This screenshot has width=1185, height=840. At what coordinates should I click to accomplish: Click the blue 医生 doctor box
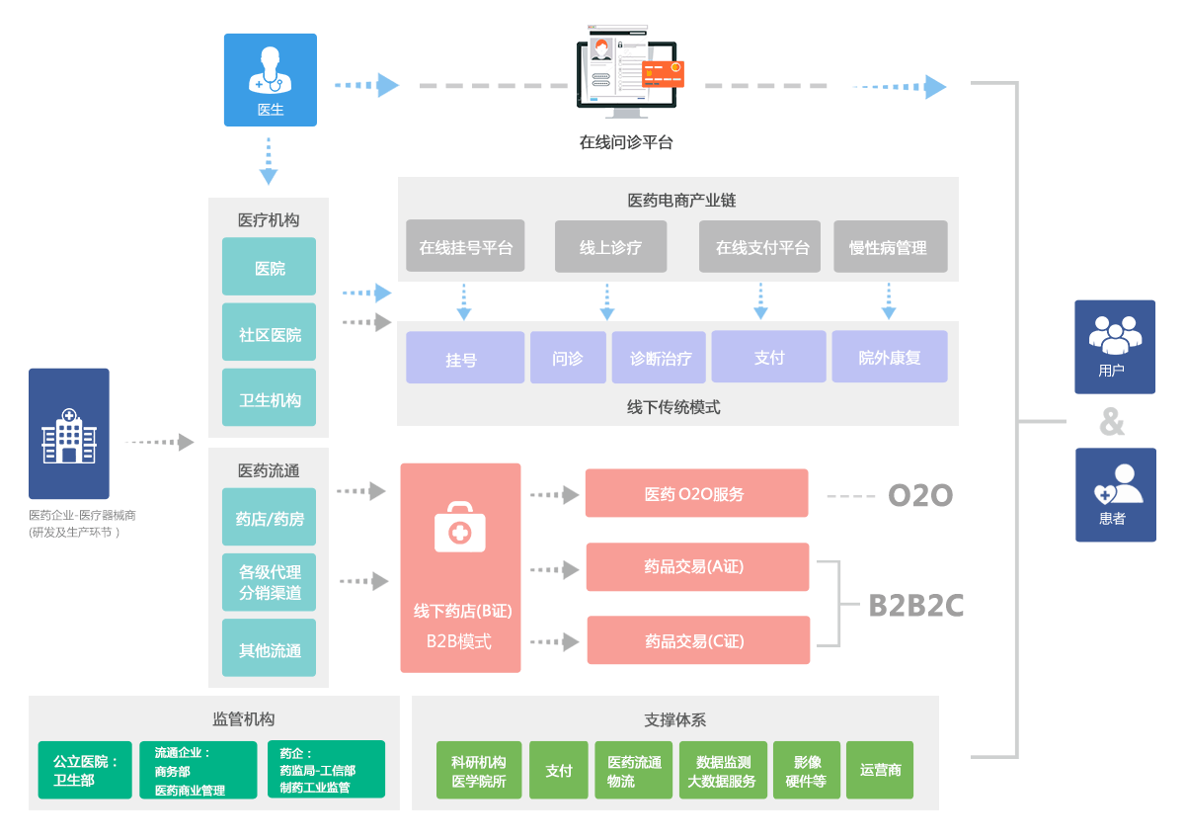point(271,80)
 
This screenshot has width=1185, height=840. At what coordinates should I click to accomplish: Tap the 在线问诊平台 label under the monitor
point(626,142)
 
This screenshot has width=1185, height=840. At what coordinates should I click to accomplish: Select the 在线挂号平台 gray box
point(465,246)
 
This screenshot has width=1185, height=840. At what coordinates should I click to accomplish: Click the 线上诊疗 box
point(610,246)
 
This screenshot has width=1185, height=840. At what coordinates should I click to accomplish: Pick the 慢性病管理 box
point(890,246)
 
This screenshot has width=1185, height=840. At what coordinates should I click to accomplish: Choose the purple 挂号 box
point(464,358)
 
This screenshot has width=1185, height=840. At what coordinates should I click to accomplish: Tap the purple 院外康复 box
point(889,357)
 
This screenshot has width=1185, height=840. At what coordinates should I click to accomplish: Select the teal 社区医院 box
point(270,335)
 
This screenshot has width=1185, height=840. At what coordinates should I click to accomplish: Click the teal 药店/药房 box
point(270,517)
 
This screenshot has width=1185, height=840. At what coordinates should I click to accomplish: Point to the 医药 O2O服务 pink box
point(696,493)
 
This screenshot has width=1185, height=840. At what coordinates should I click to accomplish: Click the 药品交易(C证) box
point(698,640)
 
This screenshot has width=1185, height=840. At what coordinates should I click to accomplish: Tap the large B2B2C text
point(915,606)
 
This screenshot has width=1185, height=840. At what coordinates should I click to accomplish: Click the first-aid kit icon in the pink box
point(460,527)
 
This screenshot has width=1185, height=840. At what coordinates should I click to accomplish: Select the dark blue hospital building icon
point(69,434)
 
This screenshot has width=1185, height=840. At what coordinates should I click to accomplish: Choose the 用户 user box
point(1115,347)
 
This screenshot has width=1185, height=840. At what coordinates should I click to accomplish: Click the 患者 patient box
point(1115,495)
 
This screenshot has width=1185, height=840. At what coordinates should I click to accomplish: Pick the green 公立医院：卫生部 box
point(85,771)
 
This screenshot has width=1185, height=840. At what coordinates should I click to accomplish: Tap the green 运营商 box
point(880,770)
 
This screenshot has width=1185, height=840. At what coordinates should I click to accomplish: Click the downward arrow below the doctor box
point(269,162)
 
